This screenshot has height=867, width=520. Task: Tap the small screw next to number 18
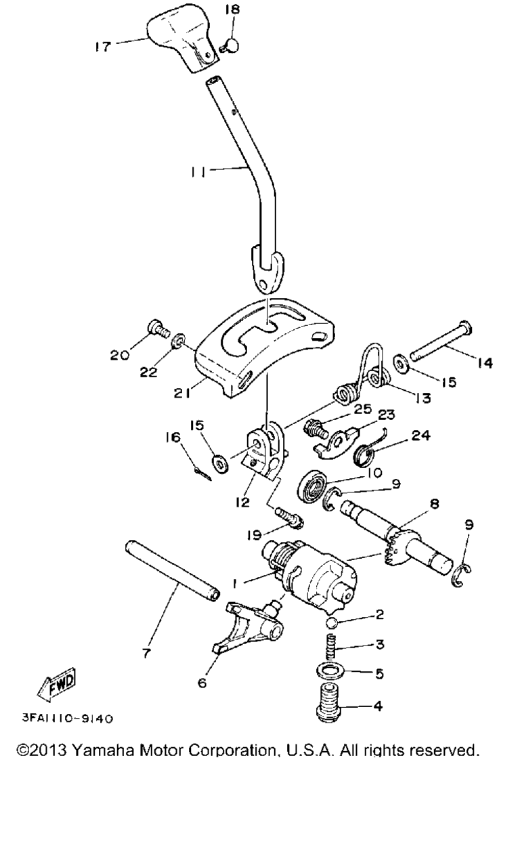230,45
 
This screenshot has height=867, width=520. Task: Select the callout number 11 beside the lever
198,171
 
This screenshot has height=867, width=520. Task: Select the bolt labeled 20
159,329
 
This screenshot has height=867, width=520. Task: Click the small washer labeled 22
178,341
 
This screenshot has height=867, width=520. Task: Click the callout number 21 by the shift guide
182,394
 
